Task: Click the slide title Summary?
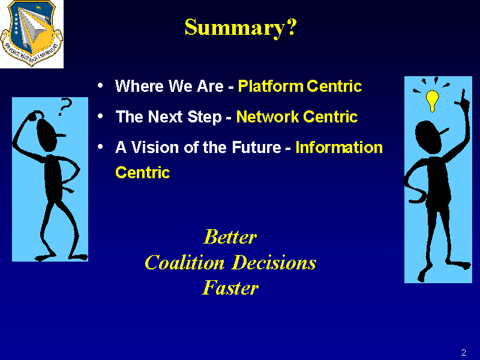pos(241,28)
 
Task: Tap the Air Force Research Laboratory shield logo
pos(32,33)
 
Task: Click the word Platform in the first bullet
pos(271,86)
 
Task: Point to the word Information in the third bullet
pos(339,147)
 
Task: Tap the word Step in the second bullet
pos(204,117)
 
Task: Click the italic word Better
pos(230,237)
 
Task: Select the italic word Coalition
pos(185,263)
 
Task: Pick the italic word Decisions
pos(274,263)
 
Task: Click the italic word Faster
pos(230,288)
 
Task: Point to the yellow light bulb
pos(432,100)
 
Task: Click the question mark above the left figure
pos(65,107)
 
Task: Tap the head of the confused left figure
pos(47,134)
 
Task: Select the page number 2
pos(463,353)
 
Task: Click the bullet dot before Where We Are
pos(100,85)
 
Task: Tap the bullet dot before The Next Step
pos(100,116)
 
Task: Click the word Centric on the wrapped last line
pos(143,173)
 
